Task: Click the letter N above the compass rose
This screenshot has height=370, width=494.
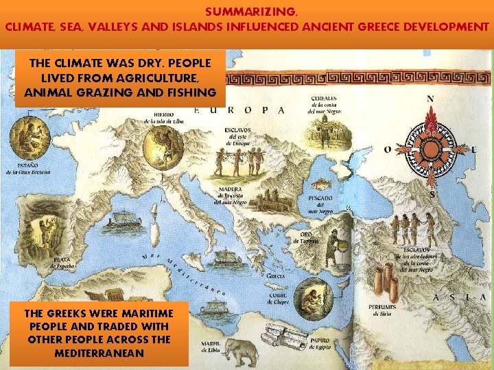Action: click(430, 98)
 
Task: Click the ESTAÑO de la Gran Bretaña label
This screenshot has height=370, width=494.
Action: click(25, 169)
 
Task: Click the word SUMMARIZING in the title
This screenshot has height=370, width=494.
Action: click(250, 12)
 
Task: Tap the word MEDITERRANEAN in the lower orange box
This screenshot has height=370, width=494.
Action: click(99, 353)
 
